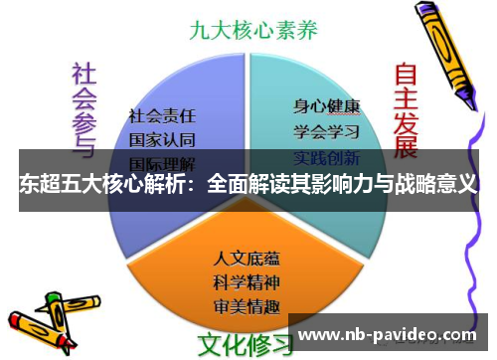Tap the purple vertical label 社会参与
click(x=83, y=107)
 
